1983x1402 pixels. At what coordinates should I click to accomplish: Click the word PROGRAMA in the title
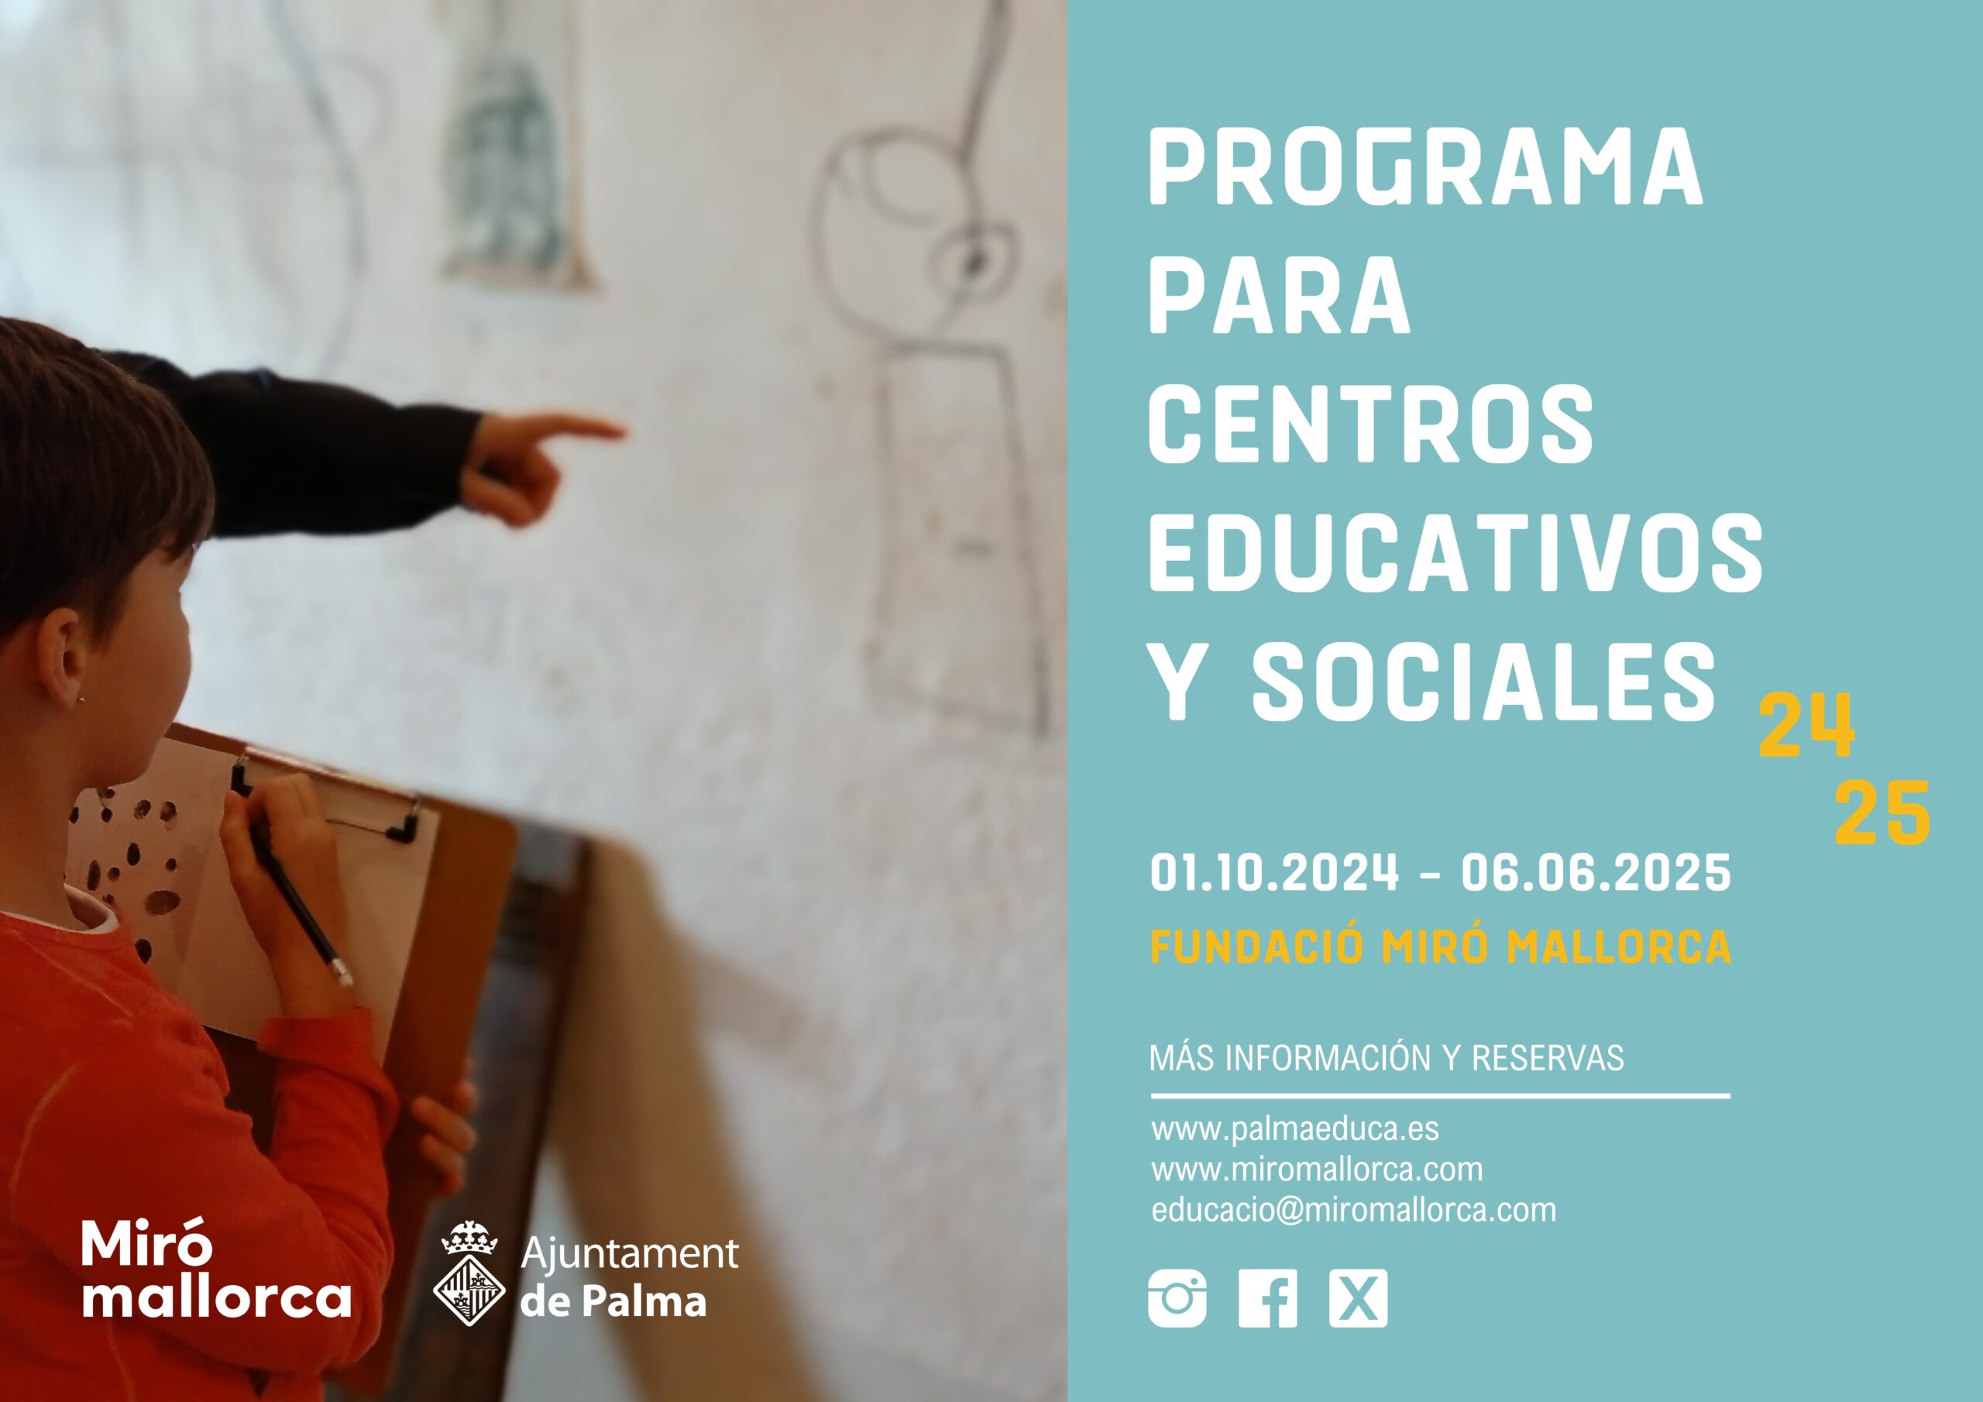[1425, 167]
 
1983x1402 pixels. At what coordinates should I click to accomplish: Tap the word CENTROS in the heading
[1370, 424]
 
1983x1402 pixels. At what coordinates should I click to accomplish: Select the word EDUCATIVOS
[1455, 553]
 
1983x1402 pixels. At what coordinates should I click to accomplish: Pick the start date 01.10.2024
[1275, 872]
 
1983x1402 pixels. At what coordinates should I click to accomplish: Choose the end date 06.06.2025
[1596, 872]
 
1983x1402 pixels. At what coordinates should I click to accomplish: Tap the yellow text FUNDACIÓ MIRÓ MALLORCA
[1441, 947]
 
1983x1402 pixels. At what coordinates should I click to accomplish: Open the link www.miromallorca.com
[1317, 1170]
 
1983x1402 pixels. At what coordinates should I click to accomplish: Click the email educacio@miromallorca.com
[1353, 1210]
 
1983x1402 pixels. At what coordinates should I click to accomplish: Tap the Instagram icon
[1177, 1298]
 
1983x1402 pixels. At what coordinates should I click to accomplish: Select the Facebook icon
[1268, 1298]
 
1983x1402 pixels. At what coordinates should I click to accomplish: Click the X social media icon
[1359, 1298]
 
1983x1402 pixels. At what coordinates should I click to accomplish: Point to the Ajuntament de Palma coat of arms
[469, 1273]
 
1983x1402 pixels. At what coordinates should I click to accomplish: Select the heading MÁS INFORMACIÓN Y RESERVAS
[1387, 1058]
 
